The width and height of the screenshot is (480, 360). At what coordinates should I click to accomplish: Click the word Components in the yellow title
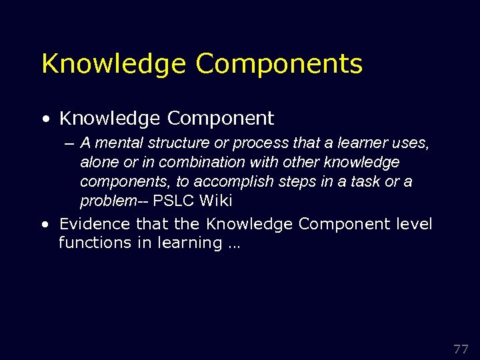click(x=279, y=64)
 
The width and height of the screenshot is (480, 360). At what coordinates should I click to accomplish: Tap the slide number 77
click(x=461, y=349)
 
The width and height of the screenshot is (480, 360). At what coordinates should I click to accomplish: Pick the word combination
click(x=180, y=162)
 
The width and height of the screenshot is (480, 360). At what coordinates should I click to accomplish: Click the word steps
click(x=288, y=181)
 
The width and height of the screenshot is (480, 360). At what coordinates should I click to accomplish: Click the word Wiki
click(x=215, y=201)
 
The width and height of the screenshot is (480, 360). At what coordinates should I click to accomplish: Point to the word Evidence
click(x=95, y=224)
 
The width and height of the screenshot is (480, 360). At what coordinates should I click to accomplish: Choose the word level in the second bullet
click(x=413, y=224)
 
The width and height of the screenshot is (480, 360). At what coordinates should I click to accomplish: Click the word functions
click(x=95, y=243)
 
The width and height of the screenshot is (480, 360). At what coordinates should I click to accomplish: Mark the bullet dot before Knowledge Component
click(x=45, y=119)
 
